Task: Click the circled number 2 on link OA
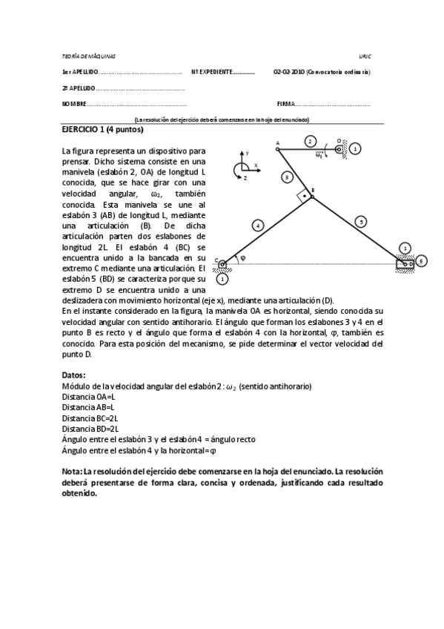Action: tap(311, 141)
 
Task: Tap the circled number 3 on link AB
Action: tap(287, 177)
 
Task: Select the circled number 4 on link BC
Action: tap(258, 224)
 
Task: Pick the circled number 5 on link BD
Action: tap(360, 220)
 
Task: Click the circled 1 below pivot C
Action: tap(222, 278)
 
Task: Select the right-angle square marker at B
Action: tap(302, 197)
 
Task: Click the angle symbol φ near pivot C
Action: tap(242, 257)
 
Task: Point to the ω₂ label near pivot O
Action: tap(319, 155)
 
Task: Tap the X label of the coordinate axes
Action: tap(256, 165)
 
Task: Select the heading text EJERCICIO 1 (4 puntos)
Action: tap(92, 129)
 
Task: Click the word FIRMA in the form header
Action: tap(286, 104)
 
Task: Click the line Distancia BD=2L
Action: tap(90, 428)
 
